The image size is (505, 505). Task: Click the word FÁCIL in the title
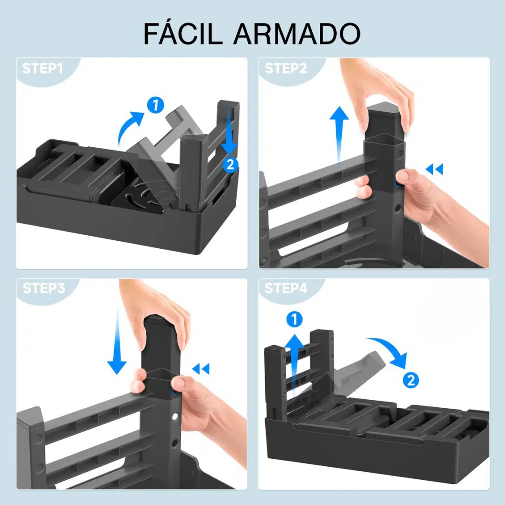(x=183, y=33)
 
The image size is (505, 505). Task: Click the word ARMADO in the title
(x=297, y=34)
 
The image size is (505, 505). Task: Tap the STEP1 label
(x=43, y=68)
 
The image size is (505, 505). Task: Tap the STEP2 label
(x=286, y=68)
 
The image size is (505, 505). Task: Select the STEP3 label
(x=44, y=288)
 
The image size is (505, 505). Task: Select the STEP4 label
(x=286, y=288)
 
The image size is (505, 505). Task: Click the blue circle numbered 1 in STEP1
(x=156, y=105)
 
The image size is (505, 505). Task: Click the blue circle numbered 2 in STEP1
(x=230, y=165)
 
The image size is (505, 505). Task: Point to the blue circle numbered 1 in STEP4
(x=295, y=319)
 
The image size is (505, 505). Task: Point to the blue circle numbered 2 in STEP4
(x=411, y=380)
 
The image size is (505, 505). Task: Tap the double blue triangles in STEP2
(x=434, y=169)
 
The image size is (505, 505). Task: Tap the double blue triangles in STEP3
(x=201, y=368)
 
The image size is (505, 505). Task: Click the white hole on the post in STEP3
(x=175, y=417)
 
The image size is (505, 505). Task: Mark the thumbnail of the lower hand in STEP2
(x=401, y=175)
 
